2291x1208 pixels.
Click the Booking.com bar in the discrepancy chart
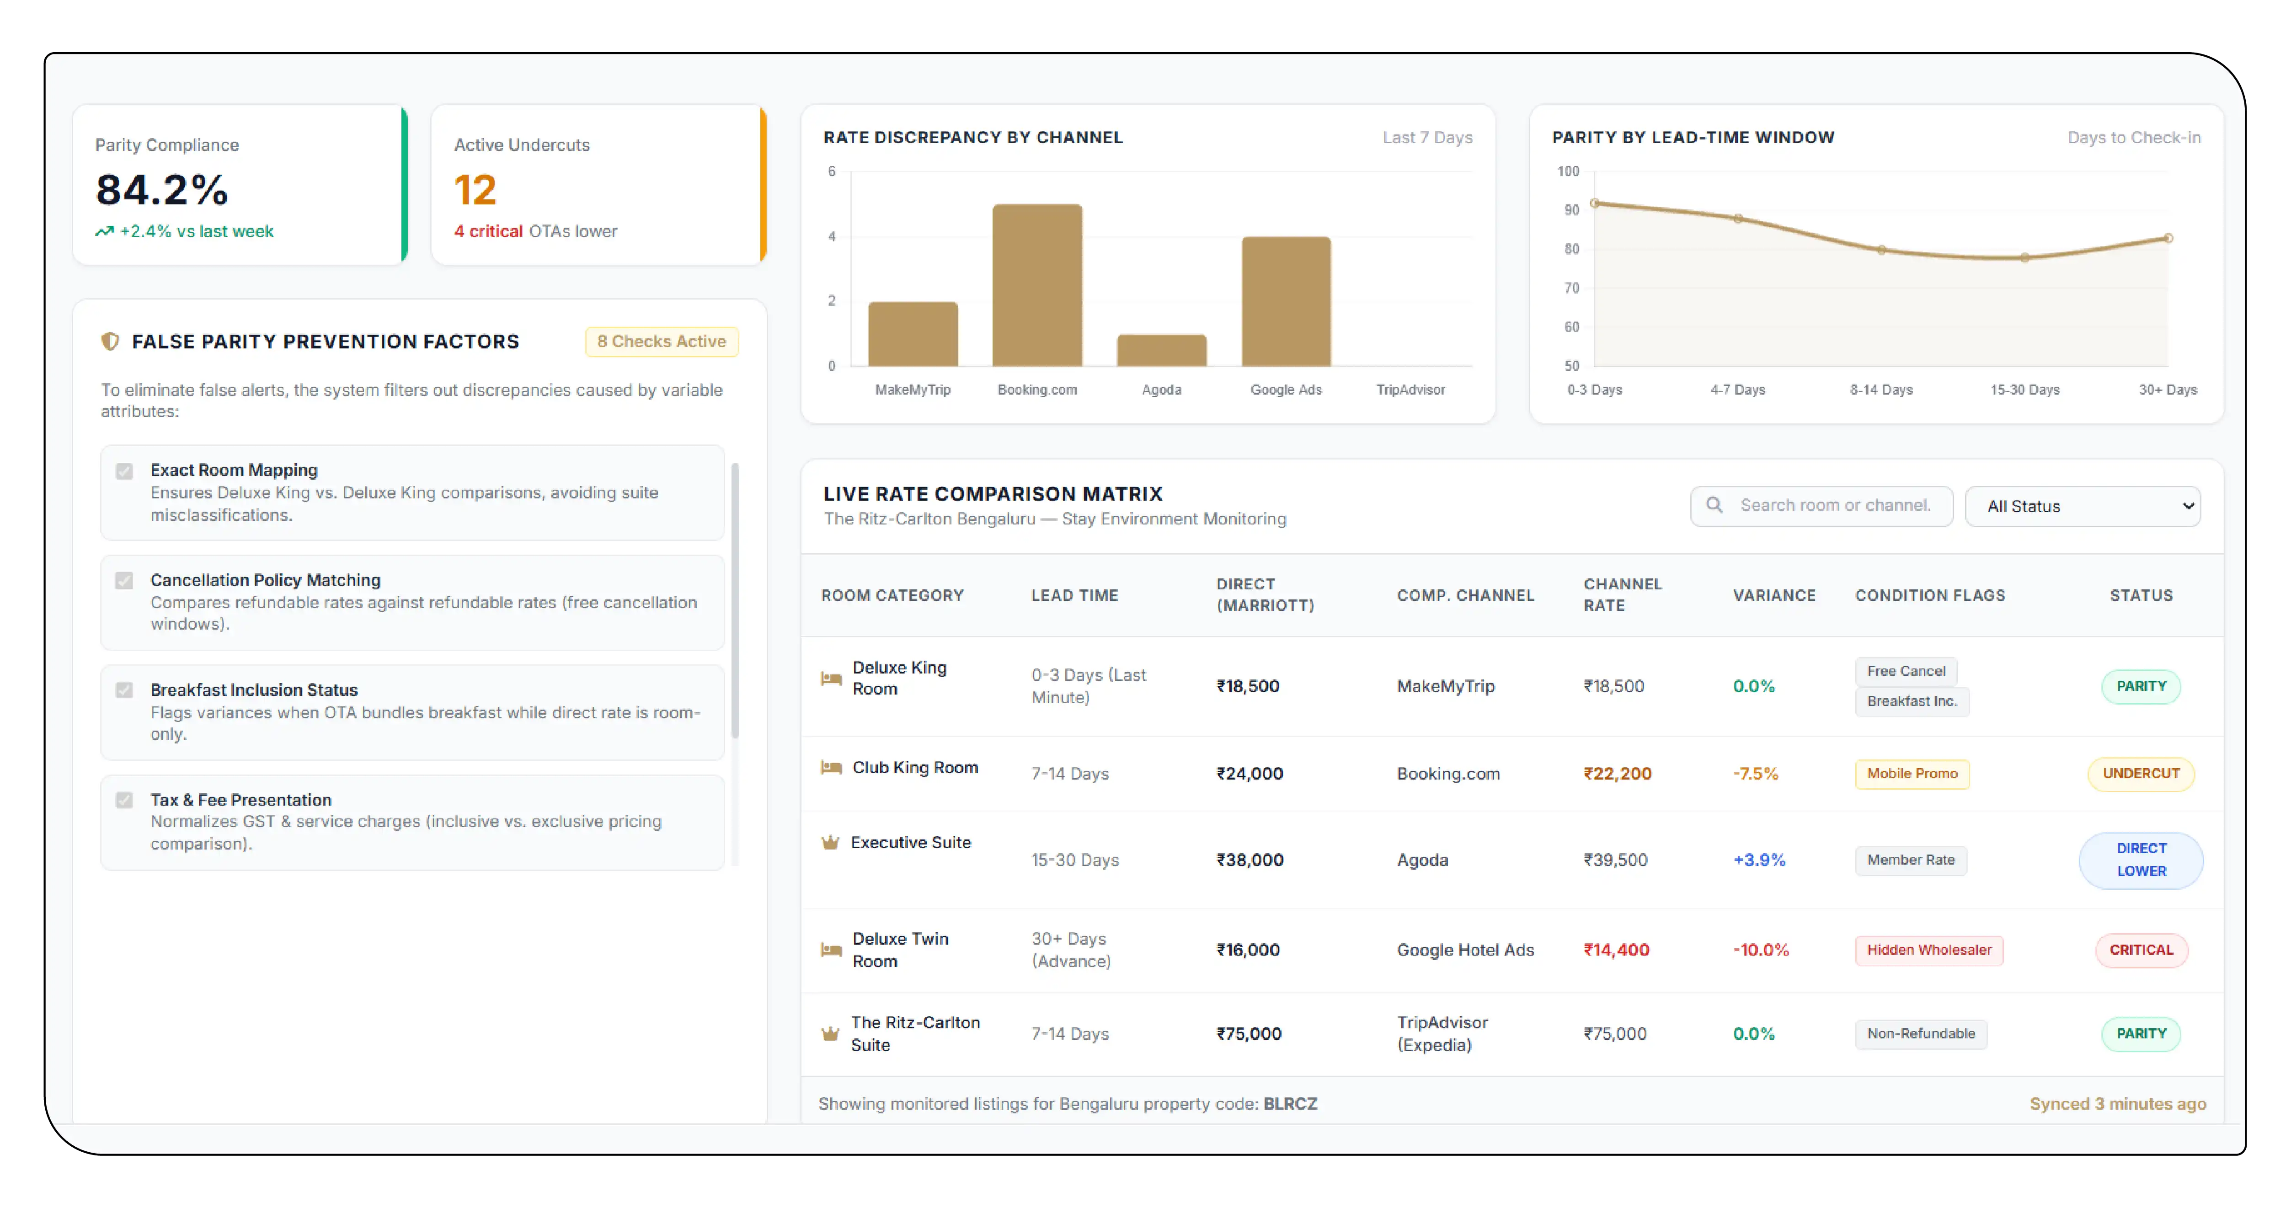tap(1037, 285)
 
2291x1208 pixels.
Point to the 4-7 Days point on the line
tap(1738, 218)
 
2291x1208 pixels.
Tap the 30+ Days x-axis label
tap(2168, 390)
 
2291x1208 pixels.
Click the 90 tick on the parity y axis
tap(1571, 210)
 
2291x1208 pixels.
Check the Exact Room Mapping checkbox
tap(124, 470)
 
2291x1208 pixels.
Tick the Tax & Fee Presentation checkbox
tap(124, 800)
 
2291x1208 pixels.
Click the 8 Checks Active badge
tap(662, 342)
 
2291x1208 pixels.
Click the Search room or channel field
tap(1821, 505)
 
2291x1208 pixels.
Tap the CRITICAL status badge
tap(2141, 950)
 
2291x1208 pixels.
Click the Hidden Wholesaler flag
tap(1929, 950)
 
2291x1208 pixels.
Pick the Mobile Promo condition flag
tap(1912, 774)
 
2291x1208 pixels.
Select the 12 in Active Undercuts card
tap(475, 189)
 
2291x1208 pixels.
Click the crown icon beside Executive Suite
tap(830, 842)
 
